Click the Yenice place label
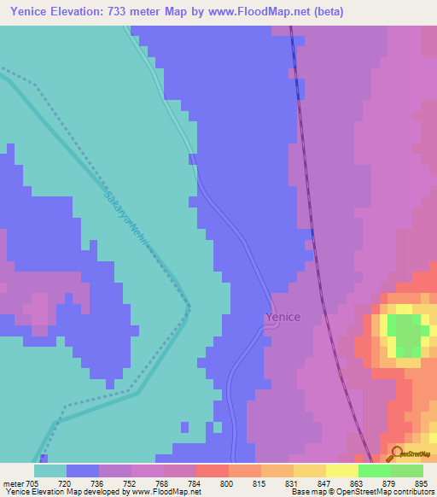click(x=283, y=317)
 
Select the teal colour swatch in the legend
click(x=50, y=471)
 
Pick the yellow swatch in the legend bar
click(x=342, y=471)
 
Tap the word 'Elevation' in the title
click(x=85, y=11)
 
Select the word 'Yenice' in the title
click(x=26, y=11)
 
